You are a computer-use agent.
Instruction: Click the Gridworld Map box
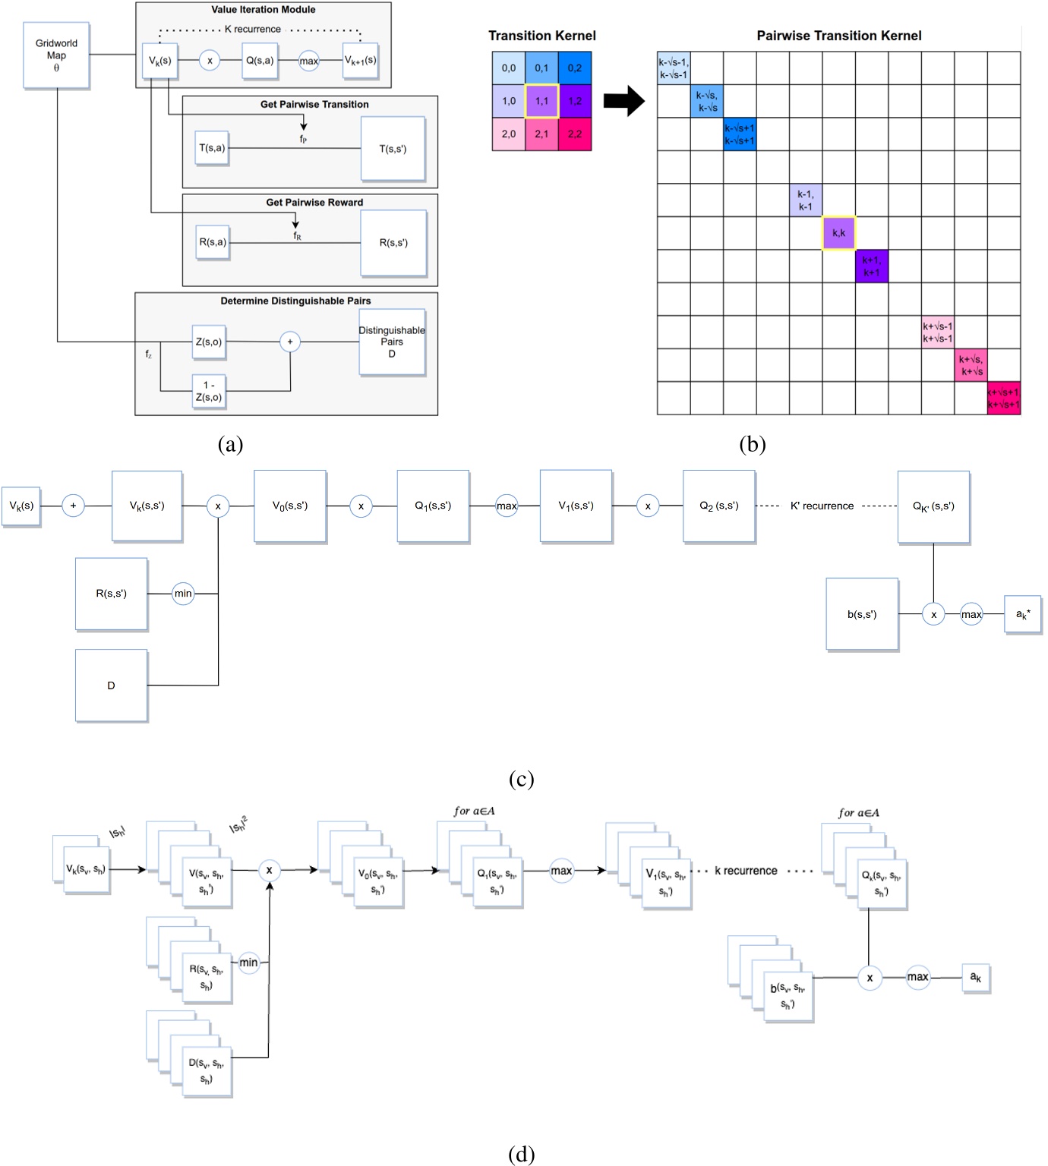click(56, 55)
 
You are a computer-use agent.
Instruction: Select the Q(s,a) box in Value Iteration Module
click(260, 61)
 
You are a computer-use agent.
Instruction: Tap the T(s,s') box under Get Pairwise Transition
click(393, 149)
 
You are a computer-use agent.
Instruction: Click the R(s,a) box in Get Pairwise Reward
click(213, 242)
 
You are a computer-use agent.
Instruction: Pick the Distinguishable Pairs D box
click(392, 342)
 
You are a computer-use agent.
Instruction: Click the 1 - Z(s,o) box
click(209, 392)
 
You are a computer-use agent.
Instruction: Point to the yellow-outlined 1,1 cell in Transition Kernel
click(541, 101)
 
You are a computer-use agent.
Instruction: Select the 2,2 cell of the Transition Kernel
click(575, 134)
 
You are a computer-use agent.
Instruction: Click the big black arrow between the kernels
click(623, 101)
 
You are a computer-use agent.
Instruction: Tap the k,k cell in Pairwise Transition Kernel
click(838, 233)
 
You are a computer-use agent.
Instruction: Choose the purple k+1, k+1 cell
click(871, 266)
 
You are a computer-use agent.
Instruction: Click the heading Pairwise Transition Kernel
click(838, 36)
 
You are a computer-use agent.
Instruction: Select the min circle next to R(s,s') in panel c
click(183, 594)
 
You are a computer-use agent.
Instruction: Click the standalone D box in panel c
click(111, 685)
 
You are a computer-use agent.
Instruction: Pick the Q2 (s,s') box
click(718, 506)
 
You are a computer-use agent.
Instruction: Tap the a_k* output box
click(1022, 614)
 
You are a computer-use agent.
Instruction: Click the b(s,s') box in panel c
click(862, 614)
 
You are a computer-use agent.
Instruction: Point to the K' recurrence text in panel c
click(822, 506)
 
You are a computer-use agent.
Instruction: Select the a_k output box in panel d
click(976, 978)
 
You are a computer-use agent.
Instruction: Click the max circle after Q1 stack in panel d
click(561, 871)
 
